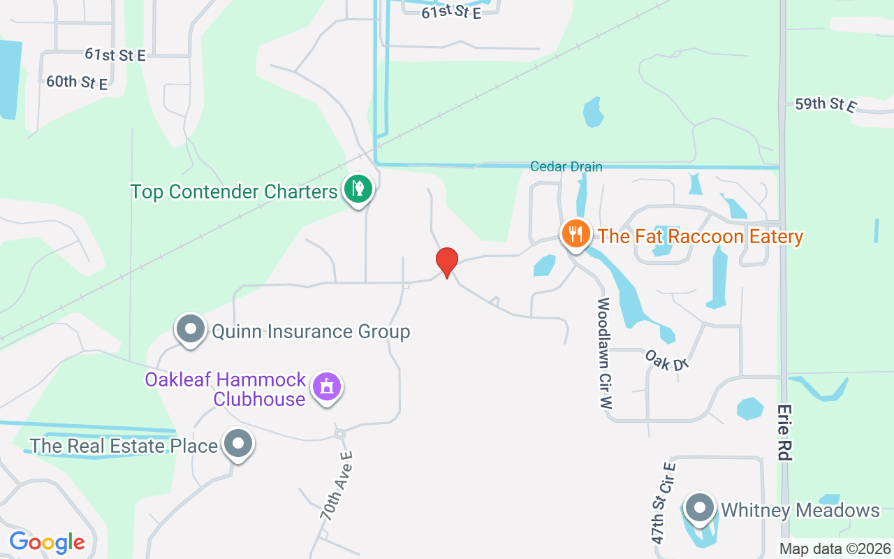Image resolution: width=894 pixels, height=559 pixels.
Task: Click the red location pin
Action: (x=446, y=262)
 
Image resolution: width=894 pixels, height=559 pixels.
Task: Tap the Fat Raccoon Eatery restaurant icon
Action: (x=575, y=234)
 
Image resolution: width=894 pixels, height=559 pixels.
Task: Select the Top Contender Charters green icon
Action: (x=358, y=189)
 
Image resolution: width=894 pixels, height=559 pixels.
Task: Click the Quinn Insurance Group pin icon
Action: (x=190, y=329)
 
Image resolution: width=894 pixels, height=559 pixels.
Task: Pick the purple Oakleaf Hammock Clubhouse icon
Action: (x=326, y=386)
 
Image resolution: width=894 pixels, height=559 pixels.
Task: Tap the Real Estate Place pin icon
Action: (x=237, y=444)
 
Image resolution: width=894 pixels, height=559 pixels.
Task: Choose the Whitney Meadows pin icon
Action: (x=699, y=508)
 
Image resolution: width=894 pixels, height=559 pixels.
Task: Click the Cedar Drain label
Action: (x=566, y=166)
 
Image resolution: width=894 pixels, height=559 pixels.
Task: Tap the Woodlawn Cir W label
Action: (x=604, y=353)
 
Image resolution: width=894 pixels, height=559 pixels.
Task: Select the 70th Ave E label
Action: (x=337, y=486)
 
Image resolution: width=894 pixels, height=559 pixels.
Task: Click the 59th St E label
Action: (x=825, y=105)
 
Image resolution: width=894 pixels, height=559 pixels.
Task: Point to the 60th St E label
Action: (x=77, y=82)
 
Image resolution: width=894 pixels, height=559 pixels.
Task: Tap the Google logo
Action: (x=47, y=542)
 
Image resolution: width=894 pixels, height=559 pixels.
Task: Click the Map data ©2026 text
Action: (x=835, y=549)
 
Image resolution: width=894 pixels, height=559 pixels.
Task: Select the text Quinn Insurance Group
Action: (x=311, y=331)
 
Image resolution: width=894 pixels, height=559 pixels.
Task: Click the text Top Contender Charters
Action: (x=234, y=191)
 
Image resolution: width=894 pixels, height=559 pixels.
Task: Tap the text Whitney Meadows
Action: (x=800, y=510)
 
